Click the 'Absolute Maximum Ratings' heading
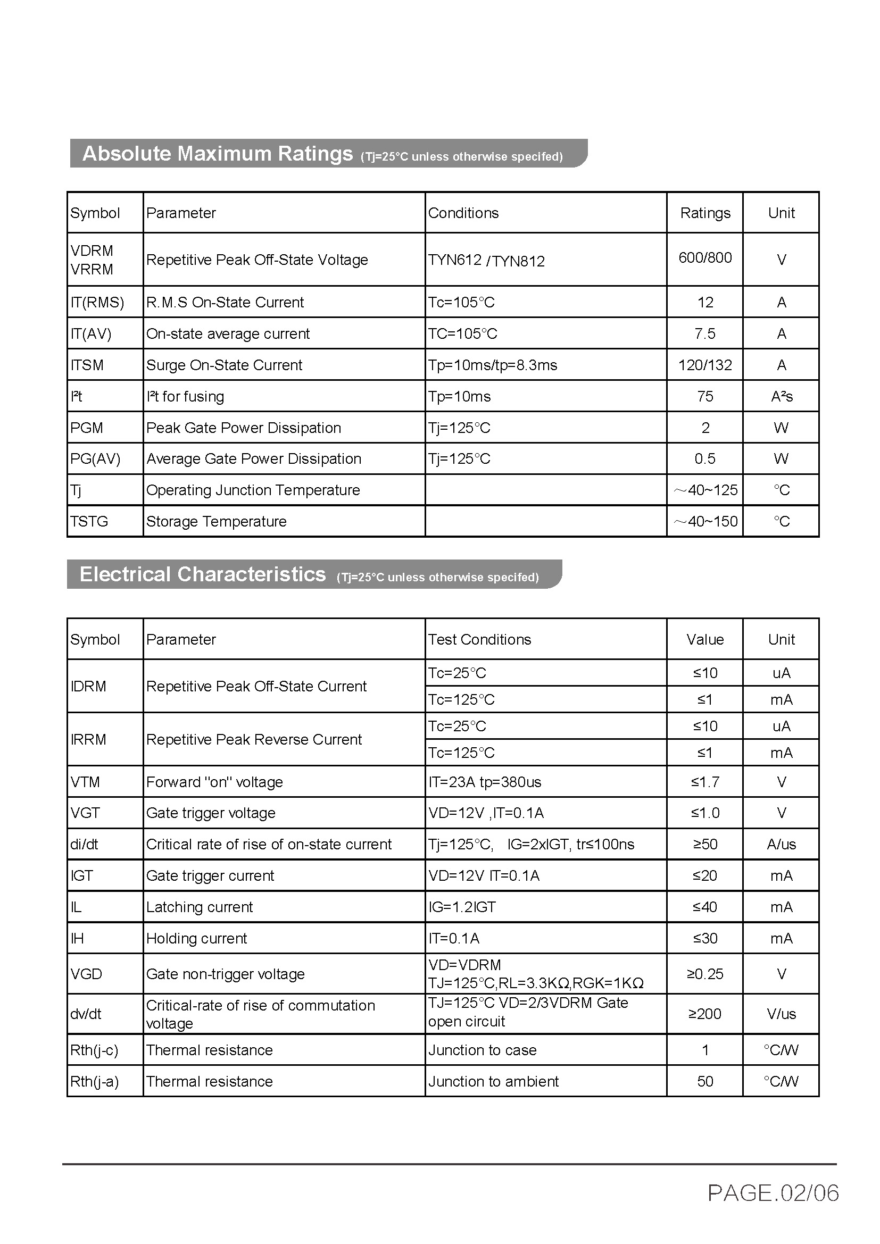(217, 154)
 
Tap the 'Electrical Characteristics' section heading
(203, 574)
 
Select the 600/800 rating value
(705, 258)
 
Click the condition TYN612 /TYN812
(486, 261)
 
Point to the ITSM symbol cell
(87, 365)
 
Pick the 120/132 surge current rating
(705, 365)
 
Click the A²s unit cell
(782, 397)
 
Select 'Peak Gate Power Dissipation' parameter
(244, 428)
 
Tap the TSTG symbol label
(89, 521)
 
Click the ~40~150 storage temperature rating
(705, 521)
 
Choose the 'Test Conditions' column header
(479, 639)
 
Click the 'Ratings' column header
(705, 213)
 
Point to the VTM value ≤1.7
(705, 782)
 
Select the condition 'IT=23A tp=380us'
(485, 782)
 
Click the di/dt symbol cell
(85, 844)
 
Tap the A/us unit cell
(782, 844)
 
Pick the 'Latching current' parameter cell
(200, 907)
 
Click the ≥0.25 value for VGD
(705, 974)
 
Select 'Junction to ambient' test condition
(493, 1081)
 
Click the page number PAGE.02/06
(773, 1193)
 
